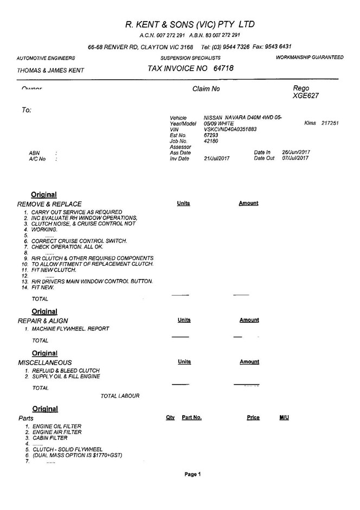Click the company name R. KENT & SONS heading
(189, 24)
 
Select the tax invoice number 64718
(224, 68)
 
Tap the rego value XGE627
(306, 96)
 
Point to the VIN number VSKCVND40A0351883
(230, 129)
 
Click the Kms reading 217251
(330, 123)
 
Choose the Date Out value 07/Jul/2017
(295, 158)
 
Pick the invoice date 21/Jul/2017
(217, 158)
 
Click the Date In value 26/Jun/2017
(295, 152)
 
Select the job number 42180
(211, 141)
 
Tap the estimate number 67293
(211, 135)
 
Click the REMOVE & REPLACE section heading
(49, 204)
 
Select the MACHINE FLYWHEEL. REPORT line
(70, 329)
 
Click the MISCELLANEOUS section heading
(45, 362)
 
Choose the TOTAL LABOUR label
(120, 396)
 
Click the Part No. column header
(191, 418)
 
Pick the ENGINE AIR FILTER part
(57, 432)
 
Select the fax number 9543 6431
(279, 47)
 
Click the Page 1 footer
(192, 474)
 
